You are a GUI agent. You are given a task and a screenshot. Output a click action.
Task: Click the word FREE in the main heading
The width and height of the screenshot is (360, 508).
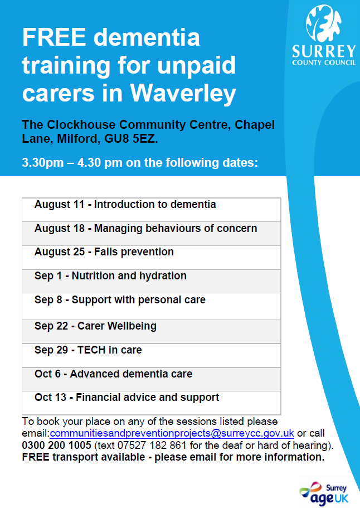click(54, 37)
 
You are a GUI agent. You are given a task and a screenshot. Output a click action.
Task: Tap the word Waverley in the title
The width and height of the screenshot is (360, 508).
click(183, 93)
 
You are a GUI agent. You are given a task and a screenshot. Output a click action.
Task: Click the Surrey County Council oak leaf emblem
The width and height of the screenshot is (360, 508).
click(323, 23)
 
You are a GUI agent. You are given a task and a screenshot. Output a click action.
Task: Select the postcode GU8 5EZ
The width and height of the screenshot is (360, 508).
click(130, 139)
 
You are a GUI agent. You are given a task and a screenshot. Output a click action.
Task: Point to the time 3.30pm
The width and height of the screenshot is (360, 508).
click(43, 163)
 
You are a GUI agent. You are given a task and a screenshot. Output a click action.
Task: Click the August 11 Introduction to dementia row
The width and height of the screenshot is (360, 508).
click(151, 210)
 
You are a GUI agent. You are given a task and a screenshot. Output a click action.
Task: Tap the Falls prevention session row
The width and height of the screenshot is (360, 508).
click(151, 257)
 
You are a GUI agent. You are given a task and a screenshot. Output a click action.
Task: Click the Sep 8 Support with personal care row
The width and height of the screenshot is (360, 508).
click(151, 307)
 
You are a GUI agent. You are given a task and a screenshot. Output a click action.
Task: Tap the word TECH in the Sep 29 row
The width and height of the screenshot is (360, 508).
click(91, 350)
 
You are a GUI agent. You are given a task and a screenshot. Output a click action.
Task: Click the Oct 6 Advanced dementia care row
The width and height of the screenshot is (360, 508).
click(151, 379)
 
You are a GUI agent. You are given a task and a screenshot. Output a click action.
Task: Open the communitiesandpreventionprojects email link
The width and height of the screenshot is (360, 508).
click(172, 433)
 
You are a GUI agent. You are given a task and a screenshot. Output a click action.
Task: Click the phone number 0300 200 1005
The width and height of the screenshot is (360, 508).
click(57, 445)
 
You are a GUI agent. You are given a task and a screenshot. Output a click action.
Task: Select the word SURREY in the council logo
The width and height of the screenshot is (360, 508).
click(324, 52)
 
